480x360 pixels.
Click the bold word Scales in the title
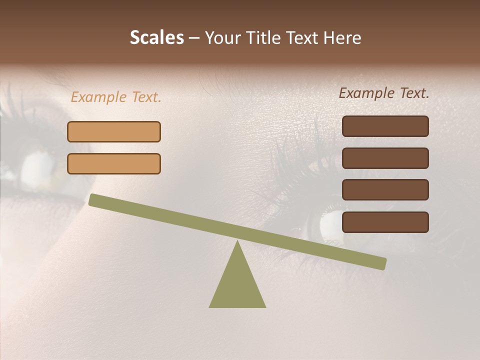coord(156,37)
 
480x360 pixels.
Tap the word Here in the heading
coord(343,37)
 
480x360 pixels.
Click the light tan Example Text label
coord(116,97)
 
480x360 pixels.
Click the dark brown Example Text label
coord(384,93)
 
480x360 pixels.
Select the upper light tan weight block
coord(114,131)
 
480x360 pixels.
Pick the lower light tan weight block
coord(114,163)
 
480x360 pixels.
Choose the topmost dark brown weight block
coord(385,126)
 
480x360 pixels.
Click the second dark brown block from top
coord(385,158)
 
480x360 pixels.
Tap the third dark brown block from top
coord(385,190)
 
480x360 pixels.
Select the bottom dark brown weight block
coord(385,222)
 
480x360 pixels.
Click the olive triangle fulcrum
coord(237,285)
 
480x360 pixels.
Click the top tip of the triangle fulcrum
coord(238,242)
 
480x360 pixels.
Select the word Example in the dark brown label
coord(367,93)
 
